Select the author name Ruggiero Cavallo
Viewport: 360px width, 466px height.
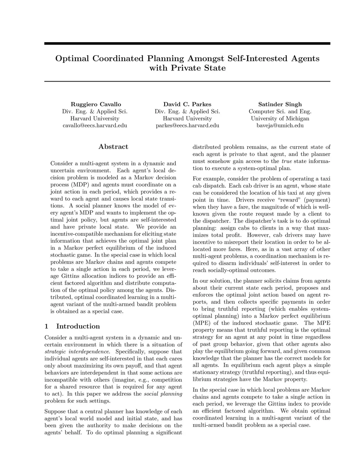pyautogui.click(x=96, y=104)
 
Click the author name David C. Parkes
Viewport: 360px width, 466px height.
pyautogui.click(x=187, y=104)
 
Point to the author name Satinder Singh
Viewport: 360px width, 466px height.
pyautogui.click(x=280, y=104)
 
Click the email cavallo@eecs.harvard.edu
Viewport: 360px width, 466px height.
pyautogui.click(x=95, y=126)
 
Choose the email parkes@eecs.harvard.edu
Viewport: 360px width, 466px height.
pyautogui.click(x=187, y=126)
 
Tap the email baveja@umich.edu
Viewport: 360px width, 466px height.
pyautogui.click(x=280, y=126)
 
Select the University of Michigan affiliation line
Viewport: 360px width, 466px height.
pyautogui.click(x=280, y=119)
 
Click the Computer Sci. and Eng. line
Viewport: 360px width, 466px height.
pyautogui.click(x=280, y=111)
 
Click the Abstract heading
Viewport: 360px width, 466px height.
pyautogui.click(x=113, y=147)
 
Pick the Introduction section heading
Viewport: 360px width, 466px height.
pyautogui.click(x=78, y=326)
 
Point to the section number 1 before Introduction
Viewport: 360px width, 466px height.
pyautogui.click(x=46, y=326)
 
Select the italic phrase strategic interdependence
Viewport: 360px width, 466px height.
pyautogui.click(x=77, y=352)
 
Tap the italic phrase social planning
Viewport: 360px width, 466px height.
pyautogui.click(x=163, y=394)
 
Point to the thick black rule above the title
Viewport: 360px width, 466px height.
pyautogui.click(x=187, y=44)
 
